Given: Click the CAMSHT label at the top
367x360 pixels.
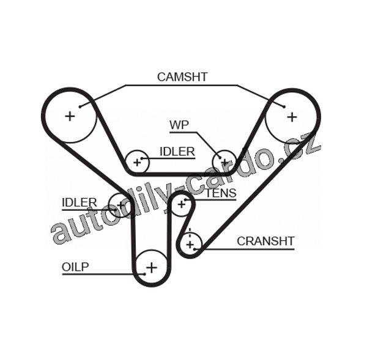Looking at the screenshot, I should pyautogui.click(x=182, y=77).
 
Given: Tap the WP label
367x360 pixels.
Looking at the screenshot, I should pyautogui.click(x=179, y=125).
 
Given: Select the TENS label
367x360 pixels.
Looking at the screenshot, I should pyautogui.click(x=221, y=194).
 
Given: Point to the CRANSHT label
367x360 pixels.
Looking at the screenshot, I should pyautogui.click(x=265, y=241).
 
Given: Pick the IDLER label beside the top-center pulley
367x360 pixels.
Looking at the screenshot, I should pyautogui.click(x=177, y=152).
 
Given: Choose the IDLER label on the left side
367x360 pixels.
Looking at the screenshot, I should pyautogui.click(x=80, y=202).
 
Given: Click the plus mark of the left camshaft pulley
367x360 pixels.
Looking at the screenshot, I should pyautogui.click(x=70, y=115).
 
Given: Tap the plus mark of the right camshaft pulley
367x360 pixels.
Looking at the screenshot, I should pyautogui.click(x=292, y=116).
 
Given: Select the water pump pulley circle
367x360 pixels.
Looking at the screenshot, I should pyautogui.click(x=224, y=162).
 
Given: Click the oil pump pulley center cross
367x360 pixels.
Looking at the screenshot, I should pyautogui.click(x=151, y=267).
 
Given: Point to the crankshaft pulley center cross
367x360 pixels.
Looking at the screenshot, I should pyautogui.click(x=191, y=244).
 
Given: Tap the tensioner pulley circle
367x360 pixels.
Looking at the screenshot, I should pyautogui.click(x=181, y=204).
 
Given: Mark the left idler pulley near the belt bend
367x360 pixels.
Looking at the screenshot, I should pyautogui.click(x=119, y=204).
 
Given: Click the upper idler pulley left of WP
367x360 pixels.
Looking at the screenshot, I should pyautogui.click(x=137, y=163).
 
